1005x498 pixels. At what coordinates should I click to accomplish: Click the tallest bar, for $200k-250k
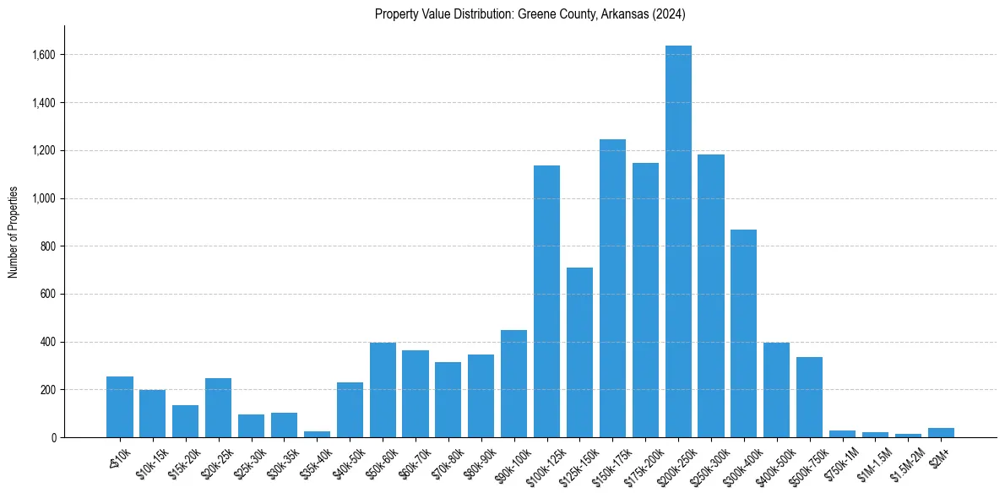tap(678, 241)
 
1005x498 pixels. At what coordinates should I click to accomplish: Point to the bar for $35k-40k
tap(317, 434)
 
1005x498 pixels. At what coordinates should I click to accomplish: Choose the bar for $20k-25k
tap(218, 408)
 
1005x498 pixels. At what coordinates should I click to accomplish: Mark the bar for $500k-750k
tap(809, 397)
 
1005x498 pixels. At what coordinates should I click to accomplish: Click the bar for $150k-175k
tap(612, 288)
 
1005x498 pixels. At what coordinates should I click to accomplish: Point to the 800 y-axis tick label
tap(48, 246)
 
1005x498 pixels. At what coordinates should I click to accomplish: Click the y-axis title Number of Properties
tap(14, 231)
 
